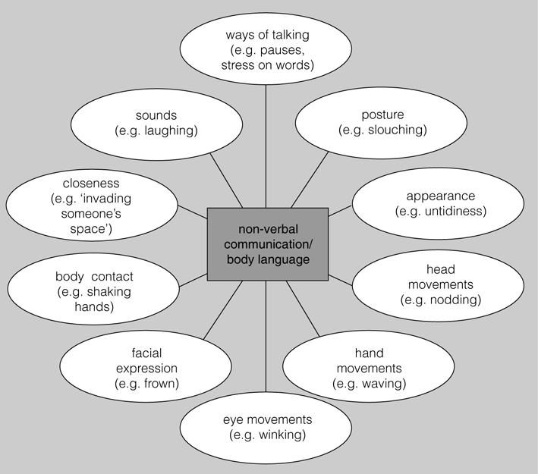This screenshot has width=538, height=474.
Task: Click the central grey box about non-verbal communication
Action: pos(268,244)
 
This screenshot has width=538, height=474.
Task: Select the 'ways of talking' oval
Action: pos(266,49)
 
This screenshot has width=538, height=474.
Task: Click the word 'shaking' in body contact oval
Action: pos(109,292)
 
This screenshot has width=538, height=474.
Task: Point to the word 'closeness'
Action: pos(91,184)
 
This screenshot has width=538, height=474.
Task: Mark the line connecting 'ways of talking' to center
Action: pos(266,146)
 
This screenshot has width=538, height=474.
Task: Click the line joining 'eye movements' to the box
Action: pos(266,337)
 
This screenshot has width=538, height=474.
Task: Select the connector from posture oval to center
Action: pos(310,180)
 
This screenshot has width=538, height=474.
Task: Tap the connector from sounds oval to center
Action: pos(226,180)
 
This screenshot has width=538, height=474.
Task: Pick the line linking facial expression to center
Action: pos(223,310)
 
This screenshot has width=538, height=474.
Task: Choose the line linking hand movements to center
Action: pos(303,309)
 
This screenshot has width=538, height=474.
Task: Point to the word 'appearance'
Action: pos(441,196)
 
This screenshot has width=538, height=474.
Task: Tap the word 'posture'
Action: pos(382,115)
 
